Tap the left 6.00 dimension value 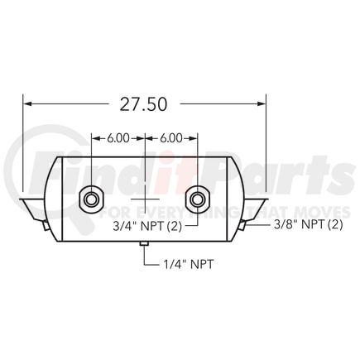(x=117, y=139)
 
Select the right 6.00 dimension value (x=170, y=139)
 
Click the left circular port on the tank (x=89, y=199)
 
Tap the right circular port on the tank (x=197, y=199)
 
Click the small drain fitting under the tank (x=143, y=243)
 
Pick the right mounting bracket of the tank (x=256, y=204)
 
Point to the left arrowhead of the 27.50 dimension (x=27, y=103)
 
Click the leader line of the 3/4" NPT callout (x=197, y=218)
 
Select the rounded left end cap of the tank (x=48, y=199)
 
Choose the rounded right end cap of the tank (x=238, y=199)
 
